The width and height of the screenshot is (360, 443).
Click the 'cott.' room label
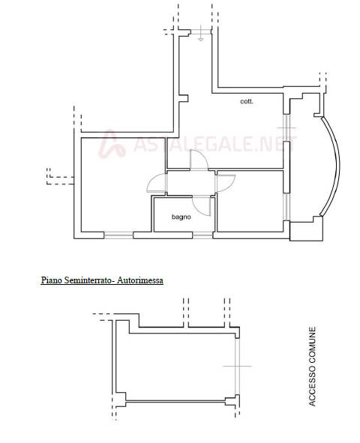(x=247, y=101)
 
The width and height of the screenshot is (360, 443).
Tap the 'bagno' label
(x=181, y=217)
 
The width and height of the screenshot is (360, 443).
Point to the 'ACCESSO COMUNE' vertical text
(x=312, y=367)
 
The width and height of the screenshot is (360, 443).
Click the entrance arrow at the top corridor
(x=200, y=33)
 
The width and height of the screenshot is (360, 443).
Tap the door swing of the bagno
(x=202, y=206)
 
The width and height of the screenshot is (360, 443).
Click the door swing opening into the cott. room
(x=199, y=160)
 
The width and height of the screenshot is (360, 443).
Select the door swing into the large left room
(x=157, y=183)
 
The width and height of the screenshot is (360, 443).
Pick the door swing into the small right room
(x=226, y=183)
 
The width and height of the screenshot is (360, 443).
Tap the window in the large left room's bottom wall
(x=118, y=235)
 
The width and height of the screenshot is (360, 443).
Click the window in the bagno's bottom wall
(x=202, y=235)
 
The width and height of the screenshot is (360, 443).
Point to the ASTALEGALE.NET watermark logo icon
(x=112, y=144)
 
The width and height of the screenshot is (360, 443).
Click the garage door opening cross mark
(x=238, y=366)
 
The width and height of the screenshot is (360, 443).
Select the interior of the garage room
(x=176, y=367)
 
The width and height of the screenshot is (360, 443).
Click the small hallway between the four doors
(x=191, y=182)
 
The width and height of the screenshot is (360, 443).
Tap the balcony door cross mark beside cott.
(x=286, y=127)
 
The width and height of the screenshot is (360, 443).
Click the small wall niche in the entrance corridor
(x=184, y=98)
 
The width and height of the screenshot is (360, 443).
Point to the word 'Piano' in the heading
(x=52, y=280)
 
